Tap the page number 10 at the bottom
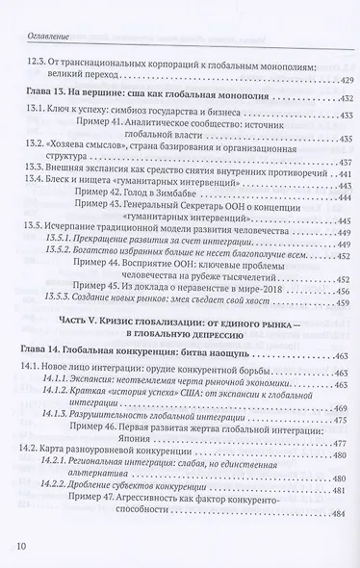pyautogui.click(x=24, y=546)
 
